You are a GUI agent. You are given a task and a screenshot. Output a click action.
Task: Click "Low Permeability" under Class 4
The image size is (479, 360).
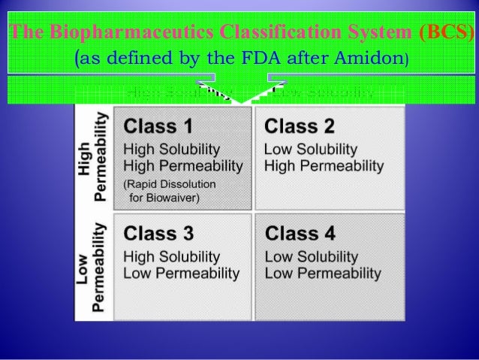323,272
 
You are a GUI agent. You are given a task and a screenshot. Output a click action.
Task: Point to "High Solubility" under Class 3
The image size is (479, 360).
171,256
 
